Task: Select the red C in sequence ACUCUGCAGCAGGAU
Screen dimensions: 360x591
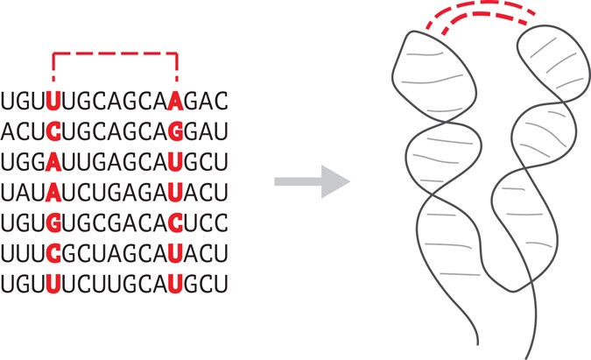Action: click(x=54, y=131)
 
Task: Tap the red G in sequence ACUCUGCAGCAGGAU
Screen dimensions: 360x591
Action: click(x=177, y=131)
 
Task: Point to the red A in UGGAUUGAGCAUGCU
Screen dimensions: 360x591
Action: click(x=54, y=162)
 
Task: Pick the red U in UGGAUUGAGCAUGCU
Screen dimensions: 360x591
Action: click(x=177, y=162)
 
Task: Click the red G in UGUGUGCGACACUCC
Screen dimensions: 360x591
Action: click(x=54, y=223)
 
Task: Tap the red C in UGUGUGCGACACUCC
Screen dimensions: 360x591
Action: click(x=177, y=223)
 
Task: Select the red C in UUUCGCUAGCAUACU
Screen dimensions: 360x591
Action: click(x=54, y=254)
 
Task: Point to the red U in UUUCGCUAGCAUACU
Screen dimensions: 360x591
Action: click(x=177, y=254)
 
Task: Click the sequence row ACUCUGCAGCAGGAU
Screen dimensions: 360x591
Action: click(x=115, y=131)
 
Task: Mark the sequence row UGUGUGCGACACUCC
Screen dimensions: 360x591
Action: click(x=115, y=223)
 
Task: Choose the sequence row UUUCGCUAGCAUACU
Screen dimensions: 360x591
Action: click(x=115, y=254)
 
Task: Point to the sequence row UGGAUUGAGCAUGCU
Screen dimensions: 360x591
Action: click(x=115, y=162)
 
